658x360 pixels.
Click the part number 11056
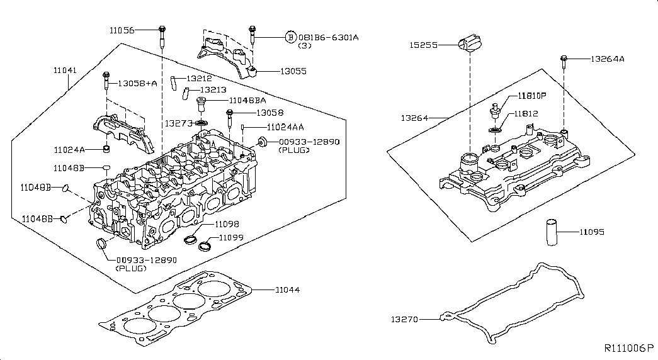click(122, 30)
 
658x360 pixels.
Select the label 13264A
click(607, 59)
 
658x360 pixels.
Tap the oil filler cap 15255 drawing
click(468, 45)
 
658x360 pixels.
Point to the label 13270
click(405, 319)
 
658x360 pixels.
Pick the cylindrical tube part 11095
click(552, 232)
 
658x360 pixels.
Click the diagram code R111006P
click(629, 348)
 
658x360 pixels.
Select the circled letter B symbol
click(290, 37)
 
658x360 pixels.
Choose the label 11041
click(65, 70)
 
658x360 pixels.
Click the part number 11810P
click(532, 96)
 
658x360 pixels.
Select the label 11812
click(528, 114)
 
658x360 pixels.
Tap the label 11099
click(231, 237)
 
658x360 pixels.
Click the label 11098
click(227, 223)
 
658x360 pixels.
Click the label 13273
click(178, 123)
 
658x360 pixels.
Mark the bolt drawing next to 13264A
click(562, 62)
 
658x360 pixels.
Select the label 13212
click(198, 79)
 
